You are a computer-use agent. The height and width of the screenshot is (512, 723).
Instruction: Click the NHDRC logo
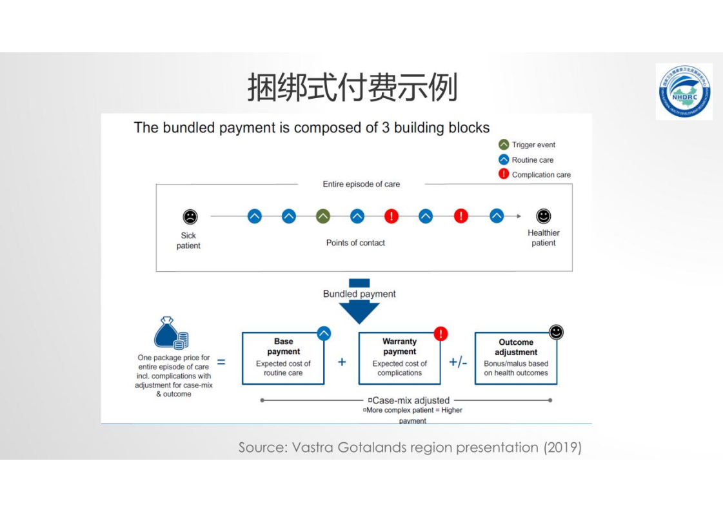tap(684, 92)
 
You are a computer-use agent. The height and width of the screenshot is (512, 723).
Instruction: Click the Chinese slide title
tap(353, 88)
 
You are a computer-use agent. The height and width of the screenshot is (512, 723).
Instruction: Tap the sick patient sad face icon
tap(190, 217)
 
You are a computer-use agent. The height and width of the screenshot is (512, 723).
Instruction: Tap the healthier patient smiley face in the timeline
tap(544, 216)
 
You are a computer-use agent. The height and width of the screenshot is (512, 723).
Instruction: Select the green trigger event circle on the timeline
tap(323, 216)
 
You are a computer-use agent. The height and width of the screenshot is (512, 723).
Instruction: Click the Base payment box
tap(283, 359)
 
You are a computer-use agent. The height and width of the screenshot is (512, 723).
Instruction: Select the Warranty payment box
tap(399, 359)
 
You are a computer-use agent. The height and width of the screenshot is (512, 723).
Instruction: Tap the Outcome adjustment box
tap(515, 359)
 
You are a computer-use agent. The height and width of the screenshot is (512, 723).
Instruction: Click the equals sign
tap(221, 362)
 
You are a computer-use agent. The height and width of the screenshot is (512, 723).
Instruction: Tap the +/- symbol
tap(458, 362)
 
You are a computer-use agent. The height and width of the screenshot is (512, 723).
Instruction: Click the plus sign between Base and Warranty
tap(342, 362)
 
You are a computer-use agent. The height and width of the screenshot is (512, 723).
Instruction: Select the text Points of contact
tap(355, 243)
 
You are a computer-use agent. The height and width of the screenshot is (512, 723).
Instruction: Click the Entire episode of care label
tap(361, 184)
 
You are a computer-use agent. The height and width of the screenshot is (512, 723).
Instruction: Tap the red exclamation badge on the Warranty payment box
tap(441, 333)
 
